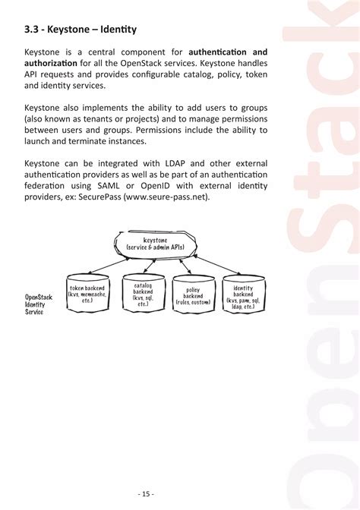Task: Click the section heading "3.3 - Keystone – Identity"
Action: pyautogui.click(x=81, y=30)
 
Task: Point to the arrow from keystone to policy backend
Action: pyautogui.click(x=183, y=269)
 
